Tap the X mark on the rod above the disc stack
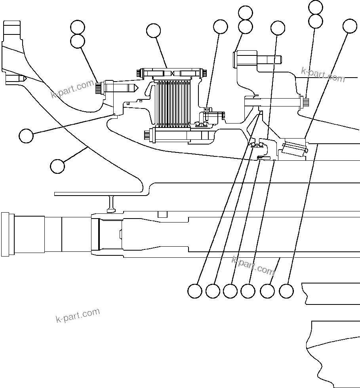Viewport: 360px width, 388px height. point(174,73)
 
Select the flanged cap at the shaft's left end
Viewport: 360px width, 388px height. point(6,234)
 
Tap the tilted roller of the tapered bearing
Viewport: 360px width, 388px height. point(293,151)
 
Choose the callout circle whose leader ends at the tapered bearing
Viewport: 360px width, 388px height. point(350,26)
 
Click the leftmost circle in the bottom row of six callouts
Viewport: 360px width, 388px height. point(194,291)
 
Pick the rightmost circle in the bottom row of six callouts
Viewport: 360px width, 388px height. point(286,291)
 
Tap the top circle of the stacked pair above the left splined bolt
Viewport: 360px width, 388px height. point(78,27)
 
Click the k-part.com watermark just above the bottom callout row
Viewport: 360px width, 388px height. point(253,265)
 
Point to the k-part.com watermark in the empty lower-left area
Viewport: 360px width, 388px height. point(78,316)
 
